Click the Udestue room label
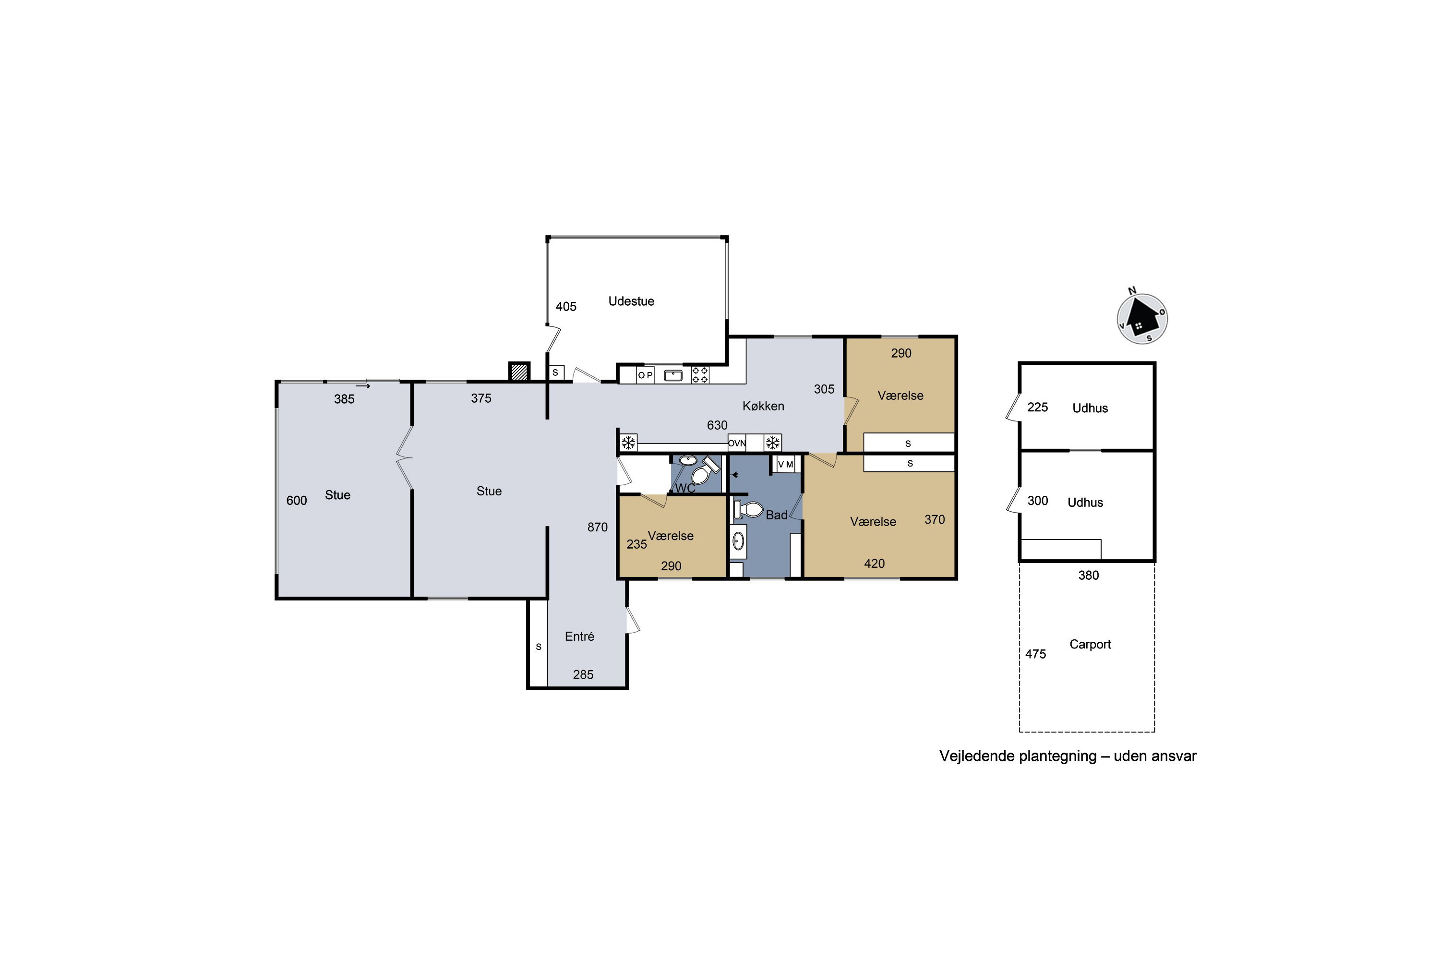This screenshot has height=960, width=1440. coord(631,301)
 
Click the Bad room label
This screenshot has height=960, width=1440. coord(776,515)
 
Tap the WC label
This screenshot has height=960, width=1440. coord(685,488)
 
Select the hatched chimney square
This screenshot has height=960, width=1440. coord(519,372)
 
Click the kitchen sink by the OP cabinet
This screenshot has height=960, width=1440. coord(673,375)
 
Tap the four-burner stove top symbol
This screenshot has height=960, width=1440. coord(700,375)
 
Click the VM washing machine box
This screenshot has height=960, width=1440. coord(785,465)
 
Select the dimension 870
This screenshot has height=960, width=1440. coord(597,527)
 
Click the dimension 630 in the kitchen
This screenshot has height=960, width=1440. coord(717,425)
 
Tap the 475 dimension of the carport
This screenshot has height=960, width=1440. coord(1035,654)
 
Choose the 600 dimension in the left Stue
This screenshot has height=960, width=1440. coord(296,500)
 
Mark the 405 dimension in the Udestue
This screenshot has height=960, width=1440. coord(566,306)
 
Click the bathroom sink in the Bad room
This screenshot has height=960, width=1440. coord(738,540)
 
